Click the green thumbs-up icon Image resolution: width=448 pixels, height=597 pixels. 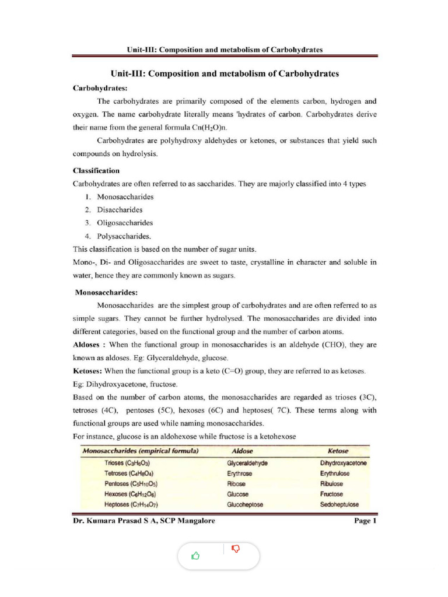click(x=195, y=556)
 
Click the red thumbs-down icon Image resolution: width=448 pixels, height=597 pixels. click(x=236, y=549)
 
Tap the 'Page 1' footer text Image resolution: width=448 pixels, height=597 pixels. click(x=366, y=521)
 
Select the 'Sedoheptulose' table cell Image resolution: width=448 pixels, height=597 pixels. click(x=339, y=504)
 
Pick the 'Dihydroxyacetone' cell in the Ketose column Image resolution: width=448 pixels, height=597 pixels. click(x=344, y=462)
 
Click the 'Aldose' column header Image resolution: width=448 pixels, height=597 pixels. click(x=242, y=451)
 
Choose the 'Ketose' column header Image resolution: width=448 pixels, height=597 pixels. click(x=338, y=451)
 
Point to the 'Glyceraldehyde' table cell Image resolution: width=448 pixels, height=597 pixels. click(x=247, y=462)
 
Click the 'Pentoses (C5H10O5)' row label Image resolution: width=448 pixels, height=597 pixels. click(x=131, y=483)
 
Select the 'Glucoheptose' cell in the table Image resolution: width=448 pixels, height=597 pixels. click(x=246, y=504)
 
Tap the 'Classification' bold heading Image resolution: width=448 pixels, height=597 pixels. click(x=96, y=171)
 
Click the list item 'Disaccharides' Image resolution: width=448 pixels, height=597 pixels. click(x=120, y=210)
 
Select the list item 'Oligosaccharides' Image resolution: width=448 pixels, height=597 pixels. click(x=125, y=223)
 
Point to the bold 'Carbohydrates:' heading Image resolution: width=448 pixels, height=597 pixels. click(x=96, y=88)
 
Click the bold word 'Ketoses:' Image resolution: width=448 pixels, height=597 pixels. click(x=87, y=371)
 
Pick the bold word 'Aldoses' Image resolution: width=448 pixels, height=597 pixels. click(x=87, y=345)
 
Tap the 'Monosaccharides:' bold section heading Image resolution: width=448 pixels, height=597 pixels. click(x=106, y=292)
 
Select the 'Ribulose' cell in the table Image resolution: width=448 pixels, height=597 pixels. click(x=331, y=483)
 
